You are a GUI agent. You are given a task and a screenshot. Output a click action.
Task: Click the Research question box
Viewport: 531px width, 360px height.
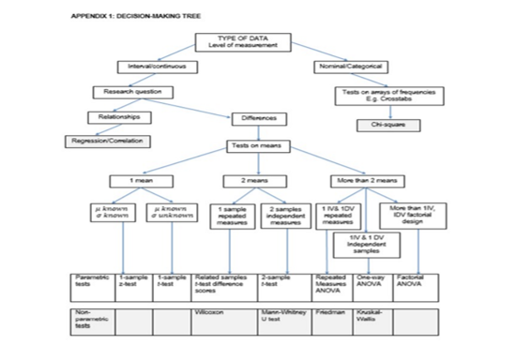132,92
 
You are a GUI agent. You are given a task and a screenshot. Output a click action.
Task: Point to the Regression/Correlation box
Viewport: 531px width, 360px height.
105,142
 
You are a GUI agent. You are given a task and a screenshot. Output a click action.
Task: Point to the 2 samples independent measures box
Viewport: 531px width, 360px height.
283,216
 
